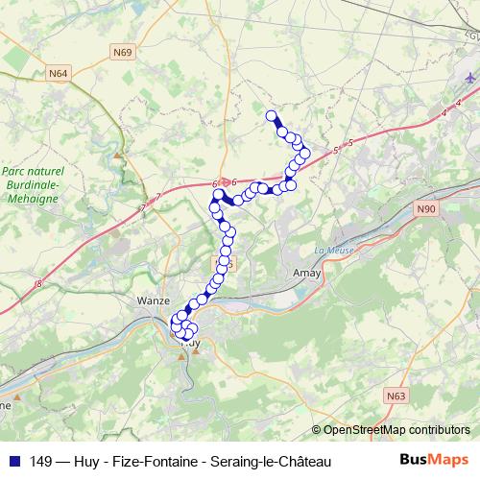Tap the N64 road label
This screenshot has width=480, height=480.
coord(60,71)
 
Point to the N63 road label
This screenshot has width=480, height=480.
coord(396,394)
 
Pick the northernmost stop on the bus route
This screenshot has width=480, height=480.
coord(271,117)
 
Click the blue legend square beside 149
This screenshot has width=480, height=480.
coord(14,462)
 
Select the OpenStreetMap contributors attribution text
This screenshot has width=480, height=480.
coord(396,429)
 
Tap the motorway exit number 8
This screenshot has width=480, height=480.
coord(39,282)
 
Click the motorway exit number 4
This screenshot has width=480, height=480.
coord(445,113)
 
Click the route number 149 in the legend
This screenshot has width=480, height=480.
coord(41,462)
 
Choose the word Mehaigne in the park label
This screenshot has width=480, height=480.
coord(34,198)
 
